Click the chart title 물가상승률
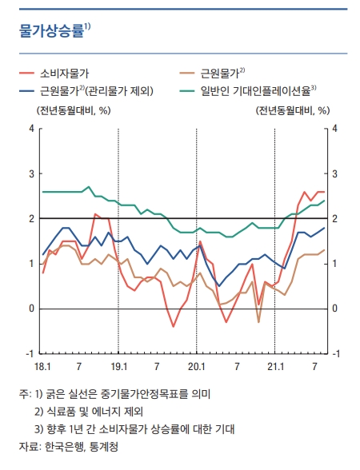[51, 31]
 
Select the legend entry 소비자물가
[65, 74]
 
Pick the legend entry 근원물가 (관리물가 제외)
[97, 90]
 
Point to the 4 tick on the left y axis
[32, 129]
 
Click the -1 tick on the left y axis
[30, 353]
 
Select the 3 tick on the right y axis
[334, 174]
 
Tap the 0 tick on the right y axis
[334, 309]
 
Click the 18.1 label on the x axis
[42, 367]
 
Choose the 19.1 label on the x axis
[118, 367]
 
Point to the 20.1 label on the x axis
[197, 367]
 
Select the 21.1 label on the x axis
[275, 367]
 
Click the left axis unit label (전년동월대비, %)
[74, 111]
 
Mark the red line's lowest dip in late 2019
[173, 326]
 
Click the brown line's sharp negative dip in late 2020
[258, 322]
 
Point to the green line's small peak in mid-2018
[89, 187]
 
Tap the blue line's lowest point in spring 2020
[219, 286]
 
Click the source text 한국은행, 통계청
[82, 447]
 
